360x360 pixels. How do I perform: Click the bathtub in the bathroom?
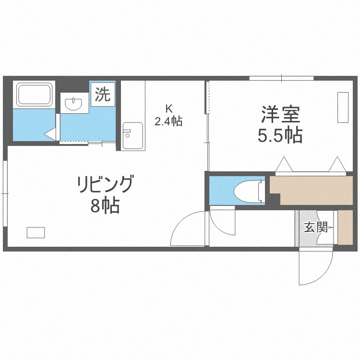pyautogui.click(x=34, y=95)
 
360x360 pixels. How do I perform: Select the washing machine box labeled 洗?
pyautogui.click(x=103, y=94)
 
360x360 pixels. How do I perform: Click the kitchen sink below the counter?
pyautogui.click(x=132, y=136)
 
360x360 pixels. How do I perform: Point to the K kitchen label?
pyautogui.click(x=169, y=108)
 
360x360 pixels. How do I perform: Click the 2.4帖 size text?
pyautogui.click(x=168, y=121)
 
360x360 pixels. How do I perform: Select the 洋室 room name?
pyautogui.click(x=280, y=114)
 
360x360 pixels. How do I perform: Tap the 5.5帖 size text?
pyautogui.click(x=280, y=135)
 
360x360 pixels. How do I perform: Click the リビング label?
pyautogui.click(x=106, y=184)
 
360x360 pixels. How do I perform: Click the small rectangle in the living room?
pyautogui.click(x=36, y=232)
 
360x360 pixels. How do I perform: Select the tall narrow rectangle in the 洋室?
pyautogui.click(x=343, y=107)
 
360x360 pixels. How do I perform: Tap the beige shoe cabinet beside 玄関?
pyautogui.click(x=345, y=228)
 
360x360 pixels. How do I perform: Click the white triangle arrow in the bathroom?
pyautogui.click(x=50, y=133)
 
